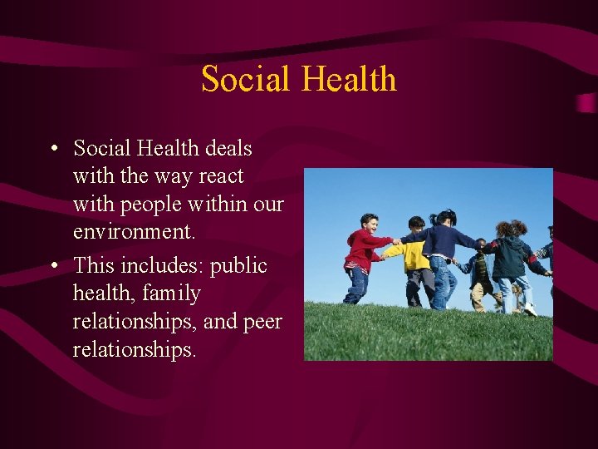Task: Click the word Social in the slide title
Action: tap(247, 80)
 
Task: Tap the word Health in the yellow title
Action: tap(349, 80)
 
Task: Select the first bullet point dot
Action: tap(52, 150)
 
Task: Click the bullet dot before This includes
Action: tap(52, 266)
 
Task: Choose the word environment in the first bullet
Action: tap(134, 231)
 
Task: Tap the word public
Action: tap(238, 266)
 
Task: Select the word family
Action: tap(171, 294)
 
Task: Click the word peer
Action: tap(262, 322)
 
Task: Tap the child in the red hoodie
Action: tap(361, 254)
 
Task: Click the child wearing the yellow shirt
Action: tap(415, 258)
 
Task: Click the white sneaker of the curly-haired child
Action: tap(530, 309)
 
